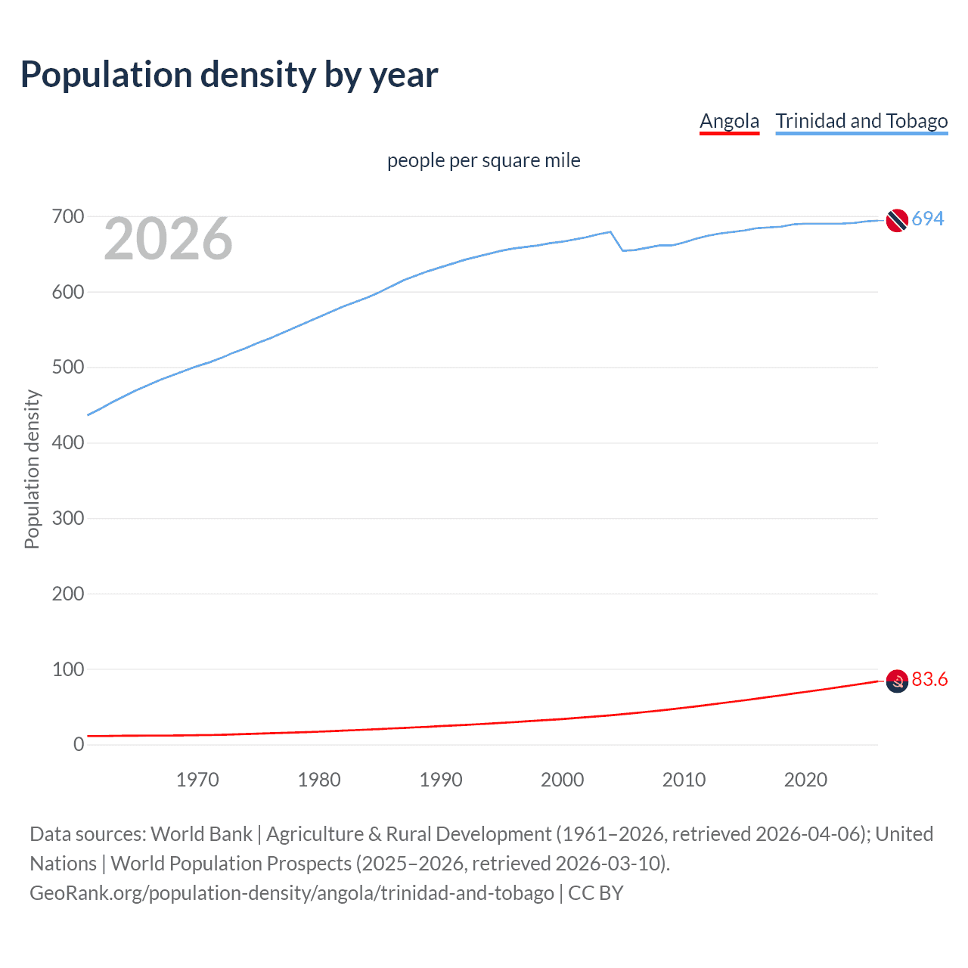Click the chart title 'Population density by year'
click(229, 75)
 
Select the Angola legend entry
click(729, 121)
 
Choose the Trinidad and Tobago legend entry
click(861, 121)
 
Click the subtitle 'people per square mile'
click(483, 160)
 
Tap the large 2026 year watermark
click(168, 239)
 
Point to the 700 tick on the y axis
click(68, 217)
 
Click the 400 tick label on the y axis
click(68, 443)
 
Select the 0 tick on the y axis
click(79, 745)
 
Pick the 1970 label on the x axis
click(197, 780)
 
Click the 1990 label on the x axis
click(441, 780)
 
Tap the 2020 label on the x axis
click(805, 780)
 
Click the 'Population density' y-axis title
click(32, 469)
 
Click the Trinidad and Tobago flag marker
click(896, 220)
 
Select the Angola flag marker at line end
click(896, 681)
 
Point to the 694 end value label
click(927, 219)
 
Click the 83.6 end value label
click(929, 680)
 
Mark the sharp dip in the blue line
click(622, 250)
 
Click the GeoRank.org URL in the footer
click(291, 893)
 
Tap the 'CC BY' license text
click(596, 893)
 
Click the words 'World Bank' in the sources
click(201, 834)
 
